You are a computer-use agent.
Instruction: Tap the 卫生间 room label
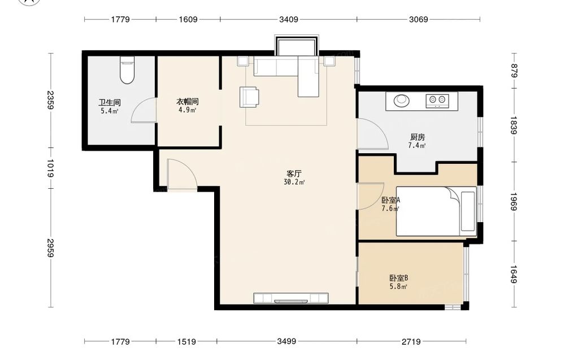(110, 103)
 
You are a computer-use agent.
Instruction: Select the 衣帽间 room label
(188, 102)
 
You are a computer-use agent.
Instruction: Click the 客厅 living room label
(294, 174)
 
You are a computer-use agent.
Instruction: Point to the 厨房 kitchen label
(418, 137)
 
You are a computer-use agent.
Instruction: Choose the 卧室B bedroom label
(398, 278)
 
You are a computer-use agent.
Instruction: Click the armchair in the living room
(249, 97)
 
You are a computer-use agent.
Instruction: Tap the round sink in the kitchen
(401, 100)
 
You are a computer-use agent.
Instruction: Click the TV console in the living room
(291, 298)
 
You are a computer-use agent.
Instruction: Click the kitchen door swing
(372, 134)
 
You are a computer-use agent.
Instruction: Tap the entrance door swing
(182, 174)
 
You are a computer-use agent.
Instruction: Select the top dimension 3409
(289, 19)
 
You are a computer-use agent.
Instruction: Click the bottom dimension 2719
(411, 341)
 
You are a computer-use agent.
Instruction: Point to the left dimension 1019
(50, 168)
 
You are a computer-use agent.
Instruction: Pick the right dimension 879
(514, 71)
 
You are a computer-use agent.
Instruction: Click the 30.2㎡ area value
(294, 182)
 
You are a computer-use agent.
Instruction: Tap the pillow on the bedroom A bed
(468, 211)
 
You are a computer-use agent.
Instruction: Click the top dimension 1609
(188, 19)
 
